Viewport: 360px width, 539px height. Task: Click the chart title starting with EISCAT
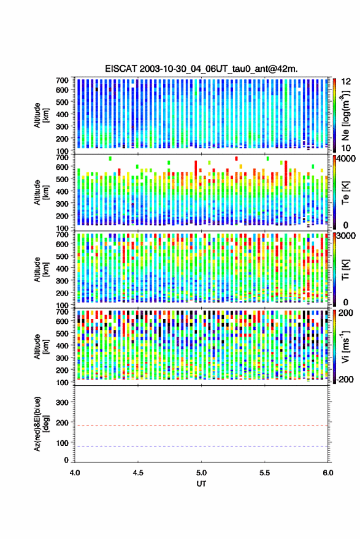tap(201, 69)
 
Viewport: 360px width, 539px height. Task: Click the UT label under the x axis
tap(201, 484)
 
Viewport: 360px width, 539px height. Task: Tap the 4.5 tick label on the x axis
tap(138, 473)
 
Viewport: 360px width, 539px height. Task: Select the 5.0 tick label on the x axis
tap(201, 473)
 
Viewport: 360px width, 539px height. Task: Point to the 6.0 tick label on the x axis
tap(327, 473)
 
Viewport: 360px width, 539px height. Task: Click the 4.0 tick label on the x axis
tap(75, 473)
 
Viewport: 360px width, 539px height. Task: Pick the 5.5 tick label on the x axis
tap(264, 473)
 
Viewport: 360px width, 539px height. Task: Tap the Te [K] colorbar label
tap(345, 193)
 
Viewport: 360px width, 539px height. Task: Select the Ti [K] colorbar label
tap(345, 270)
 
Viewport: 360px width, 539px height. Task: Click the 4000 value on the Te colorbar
tap(347, 159)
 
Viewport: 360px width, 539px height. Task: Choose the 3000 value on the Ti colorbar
tap(347, 236)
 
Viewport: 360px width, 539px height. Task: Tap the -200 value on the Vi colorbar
tap(344, 379)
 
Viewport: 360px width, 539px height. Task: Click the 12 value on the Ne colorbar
tap(346, 82)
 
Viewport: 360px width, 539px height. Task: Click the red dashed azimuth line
tap(201, 426)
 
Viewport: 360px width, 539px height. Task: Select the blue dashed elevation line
tap(201, 446)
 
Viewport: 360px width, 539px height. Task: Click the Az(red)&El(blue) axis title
tap(41, 424)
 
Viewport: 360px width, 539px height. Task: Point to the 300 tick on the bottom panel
tap(62, 402)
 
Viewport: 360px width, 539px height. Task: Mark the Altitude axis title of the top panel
tap(41, 115)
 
